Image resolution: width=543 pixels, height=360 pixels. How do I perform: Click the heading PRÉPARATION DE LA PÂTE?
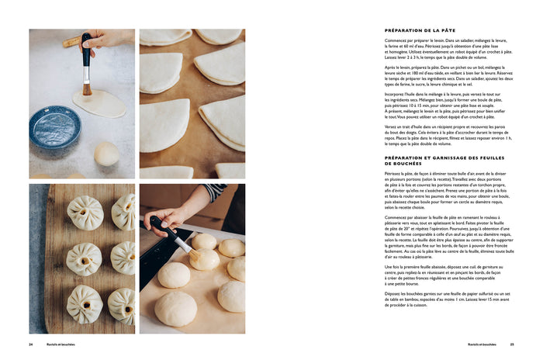pyautogui.click(x=417, y=30)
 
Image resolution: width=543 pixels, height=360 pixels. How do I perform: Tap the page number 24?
pyautogui.click(x=31, y=344)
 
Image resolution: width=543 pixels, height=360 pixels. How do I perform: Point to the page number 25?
pyautogui.click(x=512, y=344)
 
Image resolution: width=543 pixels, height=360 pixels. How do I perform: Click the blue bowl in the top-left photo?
pyautogui.click(x=54, y=126)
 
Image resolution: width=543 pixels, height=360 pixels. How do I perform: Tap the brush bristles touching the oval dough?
pyautogui.click(x=87, y=88)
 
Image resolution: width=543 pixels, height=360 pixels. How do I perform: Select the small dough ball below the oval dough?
pyautogui.click(x=106, y=153)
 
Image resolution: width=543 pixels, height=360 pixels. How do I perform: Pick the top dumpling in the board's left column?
pyautogui.click(x=85, y=212)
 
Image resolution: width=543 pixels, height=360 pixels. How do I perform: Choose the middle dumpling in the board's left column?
pyautogui.click(x=83, y=259)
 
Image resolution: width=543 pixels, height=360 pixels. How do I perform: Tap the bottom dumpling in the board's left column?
pyautogui.click(x=84, y=304)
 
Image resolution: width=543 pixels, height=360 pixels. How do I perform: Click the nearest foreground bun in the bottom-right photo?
pyautogui.click(x=176, y=309)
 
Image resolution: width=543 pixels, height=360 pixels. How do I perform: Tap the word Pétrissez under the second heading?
pyautogui.click(x=395, y=174)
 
